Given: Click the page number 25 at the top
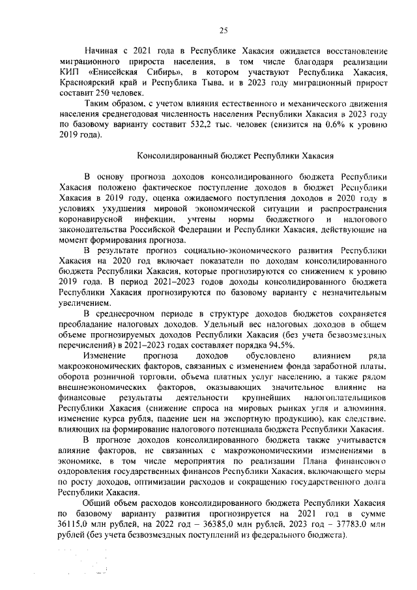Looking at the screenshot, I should coord(222,31).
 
